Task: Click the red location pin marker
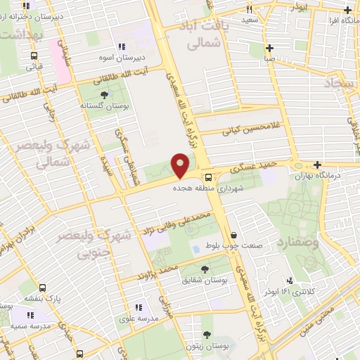click(181, 165)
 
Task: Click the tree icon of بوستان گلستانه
click(105, 94)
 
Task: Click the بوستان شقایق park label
click(205, 279)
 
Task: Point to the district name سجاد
click(342, 83)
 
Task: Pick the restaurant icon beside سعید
click(249, 10)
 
